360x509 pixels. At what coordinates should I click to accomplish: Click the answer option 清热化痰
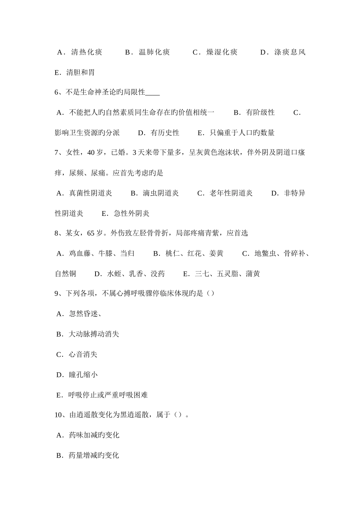coord(86,52)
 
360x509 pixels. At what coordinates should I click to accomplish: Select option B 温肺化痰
coord(154,52)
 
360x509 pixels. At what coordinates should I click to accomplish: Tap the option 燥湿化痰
coord(222,52)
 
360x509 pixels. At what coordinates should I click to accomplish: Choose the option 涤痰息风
coord(290,52)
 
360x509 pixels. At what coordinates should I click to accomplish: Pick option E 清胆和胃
coord(80,72)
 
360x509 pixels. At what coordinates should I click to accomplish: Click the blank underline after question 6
coord(152,92)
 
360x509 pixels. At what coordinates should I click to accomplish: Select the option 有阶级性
coord(260,112)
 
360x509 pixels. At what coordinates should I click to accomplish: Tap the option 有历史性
coord(165,133)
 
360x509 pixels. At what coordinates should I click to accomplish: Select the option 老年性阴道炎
coord(231,193)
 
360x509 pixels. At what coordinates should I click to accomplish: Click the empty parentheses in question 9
coord(211,294)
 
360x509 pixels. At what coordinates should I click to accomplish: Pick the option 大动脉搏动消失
coord(94,334)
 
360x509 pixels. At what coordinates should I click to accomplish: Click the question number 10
coord(59,415)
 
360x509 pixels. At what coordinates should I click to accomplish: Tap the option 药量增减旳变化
coord(94,455)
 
